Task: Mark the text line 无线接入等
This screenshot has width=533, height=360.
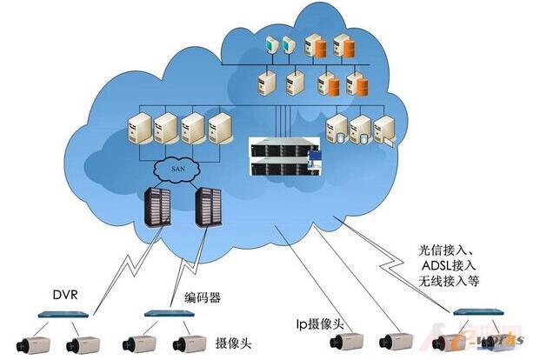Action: [x=447, y=283]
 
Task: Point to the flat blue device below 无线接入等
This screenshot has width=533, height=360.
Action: [x=476, y=310]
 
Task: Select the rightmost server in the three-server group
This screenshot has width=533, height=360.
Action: [x=386, y=130]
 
